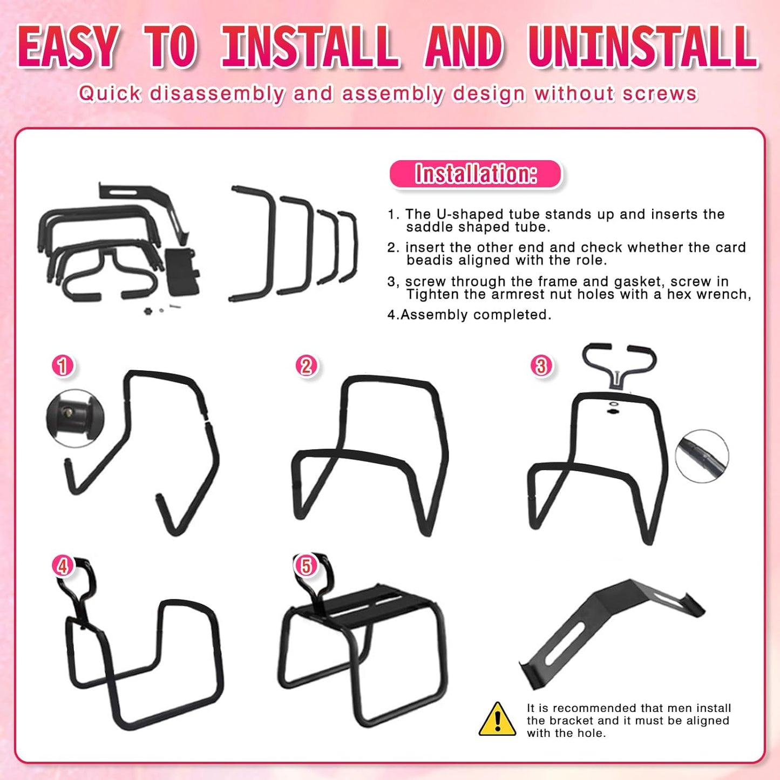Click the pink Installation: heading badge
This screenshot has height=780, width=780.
click(476, 174)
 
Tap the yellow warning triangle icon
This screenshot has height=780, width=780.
click(497, 720)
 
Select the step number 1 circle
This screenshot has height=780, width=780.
click(63, 366)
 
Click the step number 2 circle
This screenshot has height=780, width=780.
click(306, 366)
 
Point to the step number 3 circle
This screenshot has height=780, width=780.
click(541, 366)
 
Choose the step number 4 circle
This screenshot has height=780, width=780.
click(63, 566)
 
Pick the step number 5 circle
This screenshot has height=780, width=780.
click(306, 566)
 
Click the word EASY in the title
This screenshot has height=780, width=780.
click(69, 48)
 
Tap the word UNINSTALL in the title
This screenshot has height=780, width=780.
click(642, 48)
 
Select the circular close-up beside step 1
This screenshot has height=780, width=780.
click(74, 418)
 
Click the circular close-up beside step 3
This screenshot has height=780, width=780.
click(702, 456)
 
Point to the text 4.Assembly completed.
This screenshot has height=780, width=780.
click(469, 315)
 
